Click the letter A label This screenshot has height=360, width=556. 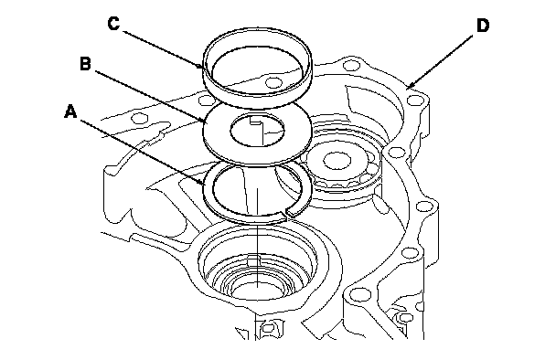(70, 111)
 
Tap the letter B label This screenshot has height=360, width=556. (85, 64)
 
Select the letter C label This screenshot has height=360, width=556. (113, 24)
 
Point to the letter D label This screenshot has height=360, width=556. (482, 26)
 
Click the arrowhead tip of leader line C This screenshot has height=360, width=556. (204, 68)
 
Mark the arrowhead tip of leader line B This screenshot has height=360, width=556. (205, 122)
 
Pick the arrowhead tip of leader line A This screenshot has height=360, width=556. (205, 185)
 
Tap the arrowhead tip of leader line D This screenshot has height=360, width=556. (407, 89)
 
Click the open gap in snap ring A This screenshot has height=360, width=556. (286, 213)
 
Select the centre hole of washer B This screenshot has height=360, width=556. (257, 130)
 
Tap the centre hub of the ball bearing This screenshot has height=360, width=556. (337, 160)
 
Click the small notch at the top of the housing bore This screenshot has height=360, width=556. (253, 259)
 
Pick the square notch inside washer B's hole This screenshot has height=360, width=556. (255, 121)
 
